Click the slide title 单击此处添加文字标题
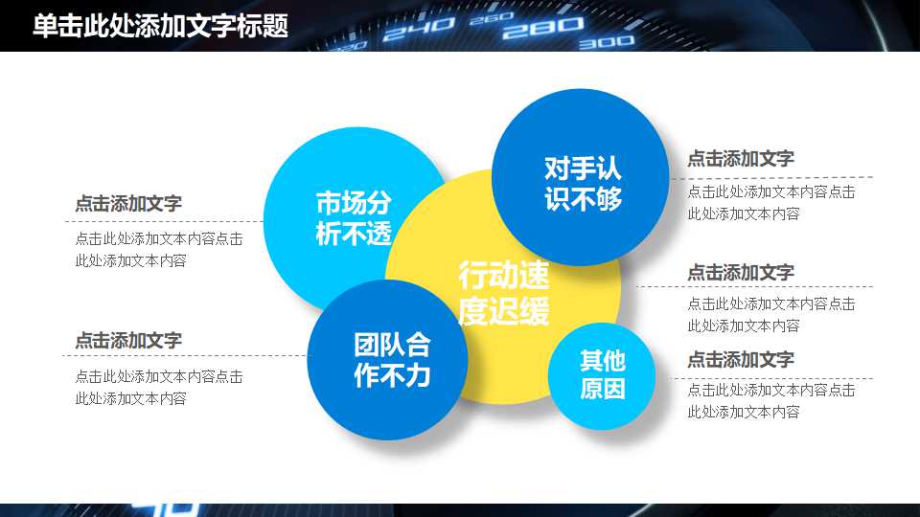160,26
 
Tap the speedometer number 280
530,28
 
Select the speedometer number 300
607,42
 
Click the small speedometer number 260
493,17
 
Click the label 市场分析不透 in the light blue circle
354,218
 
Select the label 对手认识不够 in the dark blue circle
583,184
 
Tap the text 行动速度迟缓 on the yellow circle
503,294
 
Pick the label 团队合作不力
392,360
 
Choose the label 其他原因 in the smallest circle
602,374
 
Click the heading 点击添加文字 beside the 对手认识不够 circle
740,160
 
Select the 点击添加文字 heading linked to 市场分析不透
128,204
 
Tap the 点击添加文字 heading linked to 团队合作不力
128,341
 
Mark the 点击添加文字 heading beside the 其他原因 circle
740,360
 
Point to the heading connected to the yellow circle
740,273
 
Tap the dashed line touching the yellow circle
747,286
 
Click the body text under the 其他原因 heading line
770,401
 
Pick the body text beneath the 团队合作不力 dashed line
158,388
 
